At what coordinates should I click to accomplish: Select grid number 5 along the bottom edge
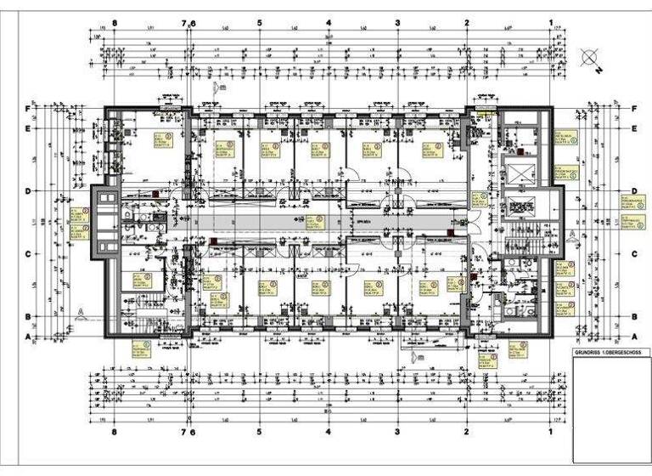click(x=259, y=431)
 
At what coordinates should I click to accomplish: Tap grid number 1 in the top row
click(x=551, y=23)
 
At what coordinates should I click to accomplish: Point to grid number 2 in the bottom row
click(x=467, y=431)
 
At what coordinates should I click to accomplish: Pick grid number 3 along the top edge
click(x=397, y=23)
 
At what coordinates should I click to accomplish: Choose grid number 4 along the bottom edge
click(x=329, y=431)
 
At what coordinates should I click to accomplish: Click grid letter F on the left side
click(x=28, y=109)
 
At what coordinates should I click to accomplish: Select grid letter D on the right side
click(x=634, y=190)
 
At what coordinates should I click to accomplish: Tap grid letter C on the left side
click(x=28, y=253)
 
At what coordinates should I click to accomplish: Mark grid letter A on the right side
click(x=634, y=337)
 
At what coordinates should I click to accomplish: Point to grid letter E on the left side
click(x=28, y=128)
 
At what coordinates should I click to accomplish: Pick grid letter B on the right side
click(x=634, y=316)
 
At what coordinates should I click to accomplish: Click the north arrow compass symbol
click(x=589, y=59)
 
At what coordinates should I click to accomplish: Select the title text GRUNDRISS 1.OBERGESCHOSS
click(x=606, y=352)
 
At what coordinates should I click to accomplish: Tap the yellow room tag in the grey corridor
click(x=319, y=221)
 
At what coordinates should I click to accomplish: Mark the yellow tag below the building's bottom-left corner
click(x=141, y=348)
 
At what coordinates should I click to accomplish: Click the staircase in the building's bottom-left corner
click(x=136, y=303)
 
